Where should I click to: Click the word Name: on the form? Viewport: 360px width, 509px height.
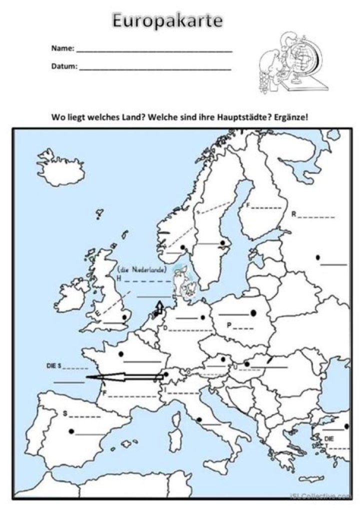pyautogui.click(x=62, y=49)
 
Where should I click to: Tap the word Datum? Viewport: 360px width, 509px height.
pyautogui.click(x=64, y=66)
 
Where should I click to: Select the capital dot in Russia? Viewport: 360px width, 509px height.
pyautogui.click(x=318, y=257)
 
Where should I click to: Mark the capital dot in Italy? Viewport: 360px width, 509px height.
pyautogui.click(x=199, y=420)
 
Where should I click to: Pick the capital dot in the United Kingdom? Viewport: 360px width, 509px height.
pyautogui.click(x=124, y=317)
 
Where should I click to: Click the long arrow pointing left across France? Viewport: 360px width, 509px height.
pyautogui.click(x=125, y=377)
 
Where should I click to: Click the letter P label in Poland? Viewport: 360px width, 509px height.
pyautogui.click(x=228, y=325)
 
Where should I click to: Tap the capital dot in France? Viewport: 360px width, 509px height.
pyautogui.click(x=121, y=354)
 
